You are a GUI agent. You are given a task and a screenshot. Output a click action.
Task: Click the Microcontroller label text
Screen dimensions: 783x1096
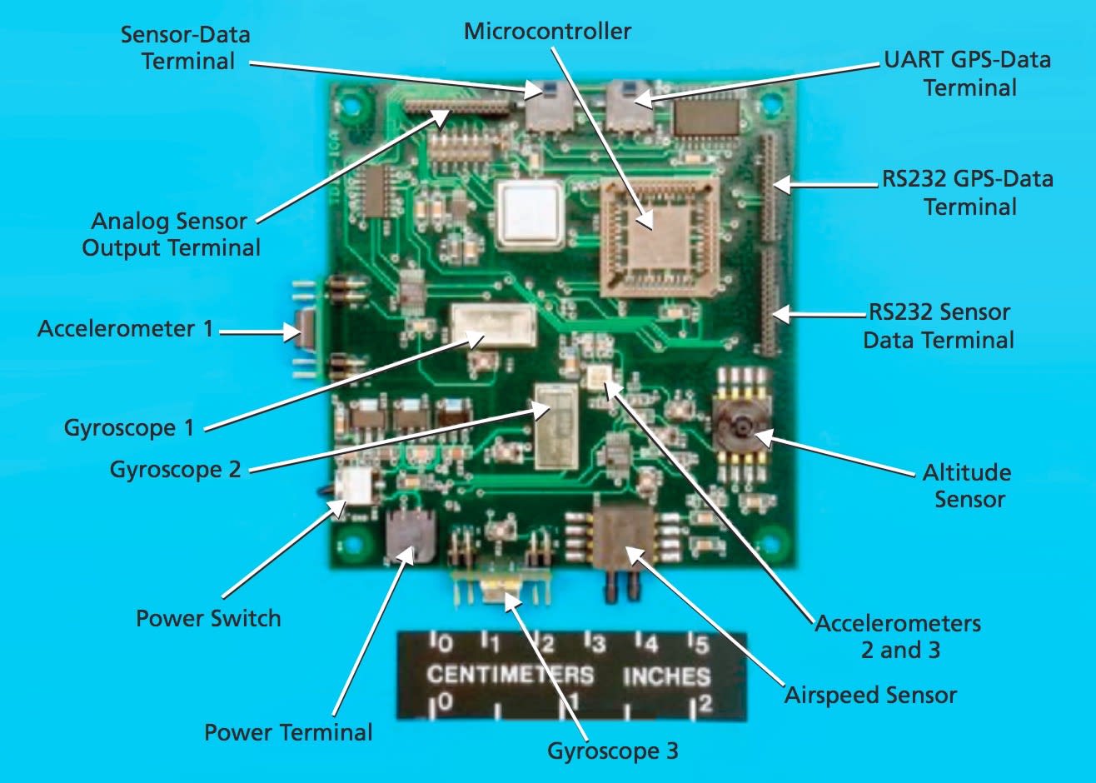click(x=547, y=32)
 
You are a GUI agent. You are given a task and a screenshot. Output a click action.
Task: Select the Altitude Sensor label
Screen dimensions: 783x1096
click(x=967, y=486)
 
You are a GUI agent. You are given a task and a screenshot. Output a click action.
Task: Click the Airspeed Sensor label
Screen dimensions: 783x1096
click(x=870, y=695)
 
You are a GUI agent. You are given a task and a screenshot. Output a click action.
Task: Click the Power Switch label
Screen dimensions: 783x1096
click(x=208, y=618)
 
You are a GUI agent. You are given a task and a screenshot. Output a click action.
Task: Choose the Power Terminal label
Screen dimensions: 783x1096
click(x=288, y=732)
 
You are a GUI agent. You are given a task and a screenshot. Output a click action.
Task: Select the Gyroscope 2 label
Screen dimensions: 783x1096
click(x=175, y=469)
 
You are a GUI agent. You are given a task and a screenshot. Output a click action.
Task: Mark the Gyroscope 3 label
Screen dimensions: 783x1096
click(x=612, y=751)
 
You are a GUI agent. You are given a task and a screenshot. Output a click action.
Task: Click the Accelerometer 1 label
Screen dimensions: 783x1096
click(x=125, y=328)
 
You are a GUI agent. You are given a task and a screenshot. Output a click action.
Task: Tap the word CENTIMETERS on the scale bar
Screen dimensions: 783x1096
click(x=510, y=674)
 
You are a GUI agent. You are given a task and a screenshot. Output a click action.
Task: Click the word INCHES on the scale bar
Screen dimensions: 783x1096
click(x=666, y=676)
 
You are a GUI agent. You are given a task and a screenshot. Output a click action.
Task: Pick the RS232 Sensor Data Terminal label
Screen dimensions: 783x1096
click(x=939, y=326)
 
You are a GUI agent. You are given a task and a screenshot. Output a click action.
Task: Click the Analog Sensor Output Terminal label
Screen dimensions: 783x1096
click(x=171, y=234)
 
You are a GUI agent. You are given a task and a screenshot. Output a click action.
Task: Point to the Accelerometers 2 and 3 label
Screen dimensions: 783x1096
click(x=898, y=636)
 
